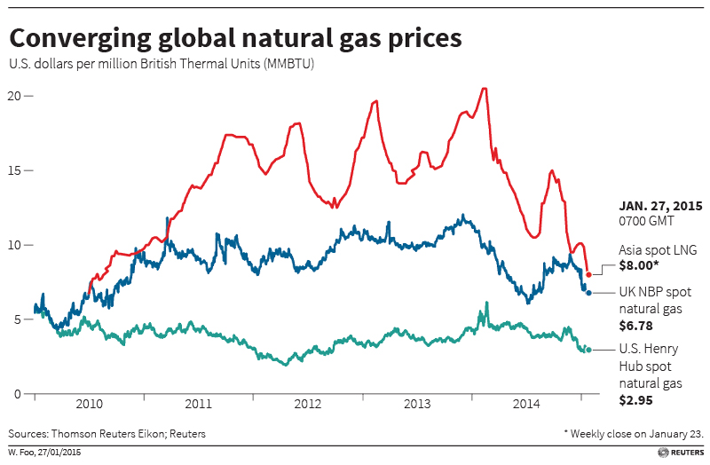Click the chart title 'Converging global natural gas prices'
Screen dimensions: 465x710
[x=235, y=39]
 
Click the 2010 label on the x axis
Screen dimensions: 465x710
[x=89, y=404]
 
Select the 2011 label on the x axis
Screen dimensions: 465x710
[x=198, y=404]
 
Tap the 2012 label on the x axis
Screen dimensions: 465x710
[x=307, y=404]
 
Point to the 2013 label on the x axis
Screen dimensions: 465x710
[x=416, y=404]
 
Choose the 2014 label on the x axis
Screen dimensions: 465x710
[x=525, y=404]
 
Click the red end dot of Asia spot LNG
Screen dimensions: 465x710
[x=588, y=274]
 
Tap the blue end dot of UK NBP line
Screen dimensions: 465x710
[x=588, y=292]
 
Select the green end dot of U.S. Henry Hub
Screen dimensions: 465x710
[x=588, y=350]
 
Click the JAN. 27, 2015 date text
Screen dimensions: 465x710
[x=655, y=205]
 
